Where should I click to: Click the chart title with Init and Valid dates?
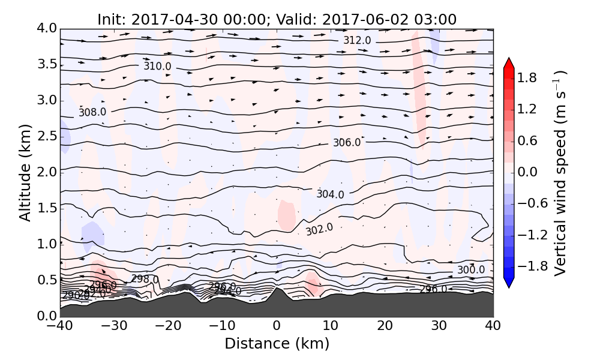pyautogui.click(x=277, y=19)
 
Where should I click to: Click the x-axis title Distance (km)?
pyautogui.click(x=277, y=344)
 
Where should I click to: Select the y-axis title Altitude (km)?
pyautogui.click(x=25, y=172)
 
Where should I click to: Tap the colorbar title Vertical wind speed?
pyautogui.click(x=560, y=172)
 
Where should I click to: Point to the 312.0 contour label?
pyautogui.click(x=357, y=40)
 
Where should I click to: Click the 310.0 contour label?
pyautogui.click(x=157, y=66)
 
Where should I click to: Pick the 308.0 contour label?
pyautogui.click(x=92, y=112)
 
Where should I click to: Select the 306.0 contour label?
pyautogui.click(x=347, y=143)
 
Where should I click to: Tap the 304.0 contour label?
pyautogui.click(x=331, y=194)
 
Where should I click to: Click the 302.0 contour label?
pyautogui.click(x=319, y=230)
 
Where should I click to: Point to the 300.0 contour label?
pyautogui.click(x=471, y=270)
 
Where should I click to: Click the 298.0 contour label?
pyautogui.click(x=145, y=279)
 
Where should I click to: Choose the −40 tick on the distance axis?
pyautogui.click(x=60, y=326)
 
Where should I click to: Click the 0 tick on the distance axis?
pyautogui.click(x=277, y=326)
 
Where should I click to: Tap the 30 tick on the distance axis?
pyautogui.click(x=439, y=326)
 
